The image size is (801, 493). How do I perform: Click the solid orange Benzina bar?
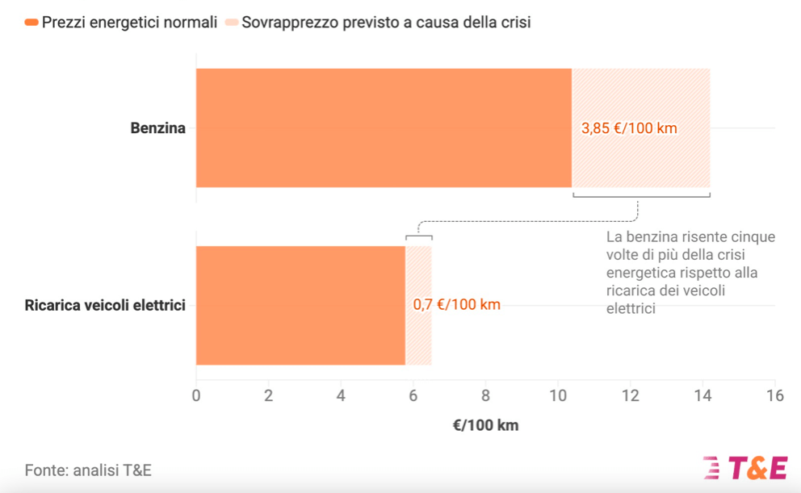tap(384, 127)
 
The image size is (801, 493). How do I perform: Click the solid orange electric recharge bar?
tap(300, 305)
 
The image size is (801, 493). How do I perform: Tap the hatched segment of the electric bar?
tap(418, 339)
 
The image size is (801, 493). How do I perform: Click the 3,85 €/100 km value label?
tap(629, 128)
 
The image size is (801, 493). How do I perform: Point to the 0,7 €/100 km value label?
tap(457, 305)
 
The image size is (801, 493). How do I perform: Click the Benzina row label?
tap(158, 128)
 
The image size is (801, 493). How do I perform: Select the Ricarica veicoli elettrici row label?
tap(106, 305)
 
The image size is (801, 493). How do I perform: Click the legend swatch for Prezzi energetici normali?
tap(31, 23)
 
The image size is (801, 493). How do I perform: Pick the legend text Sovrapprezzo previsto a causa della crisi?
tap(386, 23)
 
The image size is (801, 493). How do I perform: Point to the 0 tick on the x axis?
tap(195, 395)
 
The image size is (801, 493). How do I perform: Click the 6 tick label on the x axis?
tap(413, 395)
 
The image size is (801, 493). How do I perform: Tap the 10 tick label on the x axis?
tap(558, 395)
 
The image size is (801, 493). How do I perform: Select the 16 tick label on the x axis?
tap(774, 395)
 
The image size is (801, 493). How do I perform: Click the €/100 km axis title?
tap(485, 425)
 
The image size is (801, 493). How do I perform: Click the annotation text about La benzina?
tap(690, 273)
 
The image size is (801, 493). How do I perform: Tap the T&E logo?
tap(746, 468)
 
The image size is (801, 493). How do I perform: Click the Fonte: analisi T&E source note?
tap(88, 470)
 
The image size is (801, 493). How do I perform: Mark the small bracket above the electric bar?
tap(418, 236)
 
